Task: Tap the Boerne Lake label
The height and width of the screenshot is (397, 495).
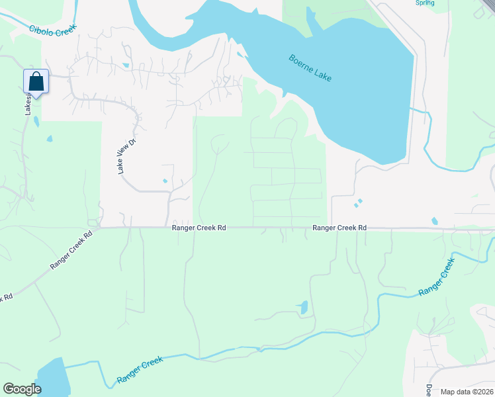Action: point(310,68)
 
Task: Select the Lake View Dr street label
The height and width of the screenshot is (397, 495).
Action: point(122,157)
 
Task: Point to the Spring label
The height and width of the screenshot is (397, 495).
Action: point(424,3)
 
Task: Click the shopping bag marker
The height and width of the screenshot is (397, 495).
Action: point(36,82)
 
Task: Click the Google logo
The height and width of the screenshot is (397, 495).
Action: point(22,389)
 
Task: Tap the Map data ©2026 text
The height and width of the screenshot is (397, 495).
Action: point(467,392)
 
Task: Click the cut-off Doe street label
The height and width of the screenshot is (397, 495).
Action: point(428,390)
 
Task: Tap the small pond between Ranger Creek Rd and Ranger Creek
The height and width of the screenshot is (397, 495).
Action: point(304,307)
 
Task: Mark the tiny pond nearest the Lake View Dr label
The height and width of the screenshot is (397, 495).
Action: point(165,181)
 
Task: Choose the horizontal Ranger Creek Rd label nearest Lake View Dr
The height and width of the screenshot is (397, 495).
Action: point(199,228)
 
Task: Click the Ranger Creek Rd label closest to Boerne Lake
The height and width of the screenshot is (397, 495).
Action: point(339,228)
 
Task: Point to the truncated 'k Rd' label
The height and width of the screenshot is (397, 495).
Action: point(6,298)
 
